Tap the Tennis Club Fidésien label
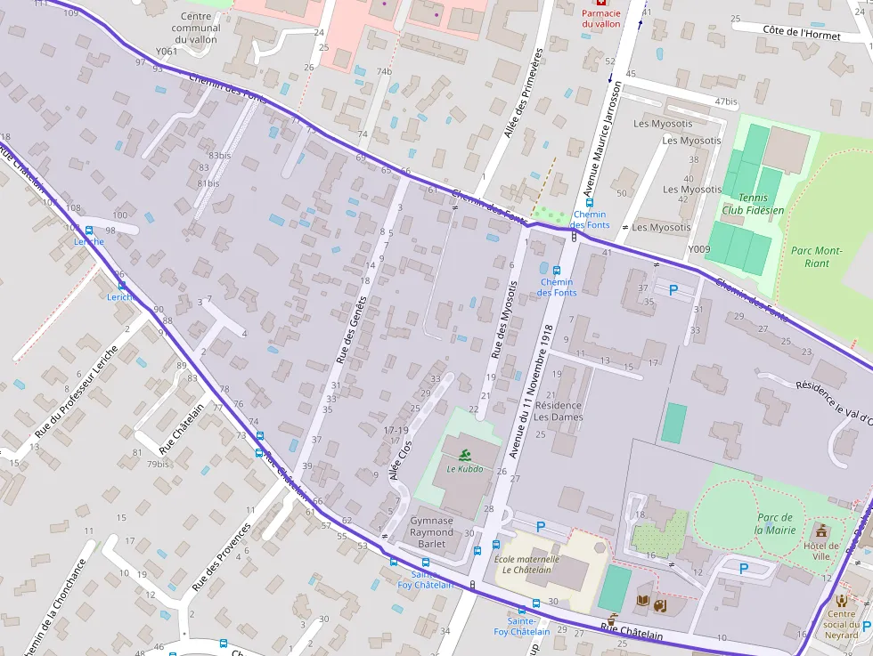click(754, 203)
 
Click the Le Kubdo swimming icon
click(464, 455)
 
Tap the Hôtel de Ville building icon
click(821, 531)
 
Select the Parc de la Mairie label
click(775, 523)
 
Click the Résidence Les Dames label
click(559, 411)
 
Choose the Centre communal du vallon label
click(196, 28)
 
